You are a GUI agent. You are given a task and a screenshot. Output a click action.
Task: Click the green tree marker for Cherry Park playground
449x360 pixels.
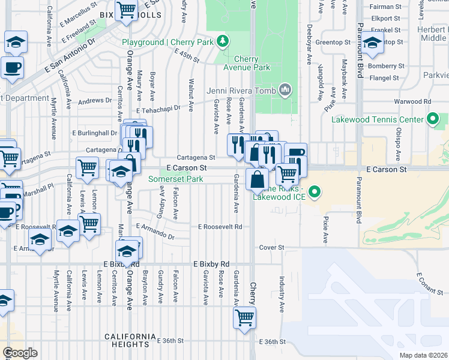tap(223, 41)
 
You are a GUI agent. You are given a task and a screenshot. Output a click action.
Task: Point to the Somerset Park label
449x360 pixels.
tap(176, 179)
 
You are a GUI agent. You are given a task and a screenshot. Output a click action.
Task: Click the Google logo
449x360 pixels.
tap(20, 353)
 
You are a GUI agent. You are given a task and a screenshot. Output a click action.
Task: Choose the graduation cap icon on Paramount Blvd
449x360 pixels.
tap(373, 43)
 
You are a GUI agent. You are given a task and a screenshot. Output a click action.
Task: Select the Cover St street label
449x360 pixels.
tap(271, 247)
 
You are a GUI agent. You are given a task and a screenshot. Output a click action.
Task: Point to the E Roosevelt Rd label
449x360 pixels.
tap(220, 227)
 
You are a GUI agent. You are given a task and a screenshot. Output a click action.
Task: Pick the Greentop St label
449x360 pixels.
tap(333, 43)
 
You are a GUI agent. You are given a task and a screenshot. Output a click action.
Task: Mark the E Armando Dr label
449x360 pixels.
tap(155, 232)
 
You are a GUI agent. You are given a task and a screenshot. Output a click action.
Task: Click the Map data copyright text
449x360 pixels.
tap(424, 355)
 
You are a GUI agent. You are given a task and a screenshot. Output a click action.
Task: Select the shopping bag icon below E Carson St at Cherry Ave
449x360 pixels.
tap(258, 178)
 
